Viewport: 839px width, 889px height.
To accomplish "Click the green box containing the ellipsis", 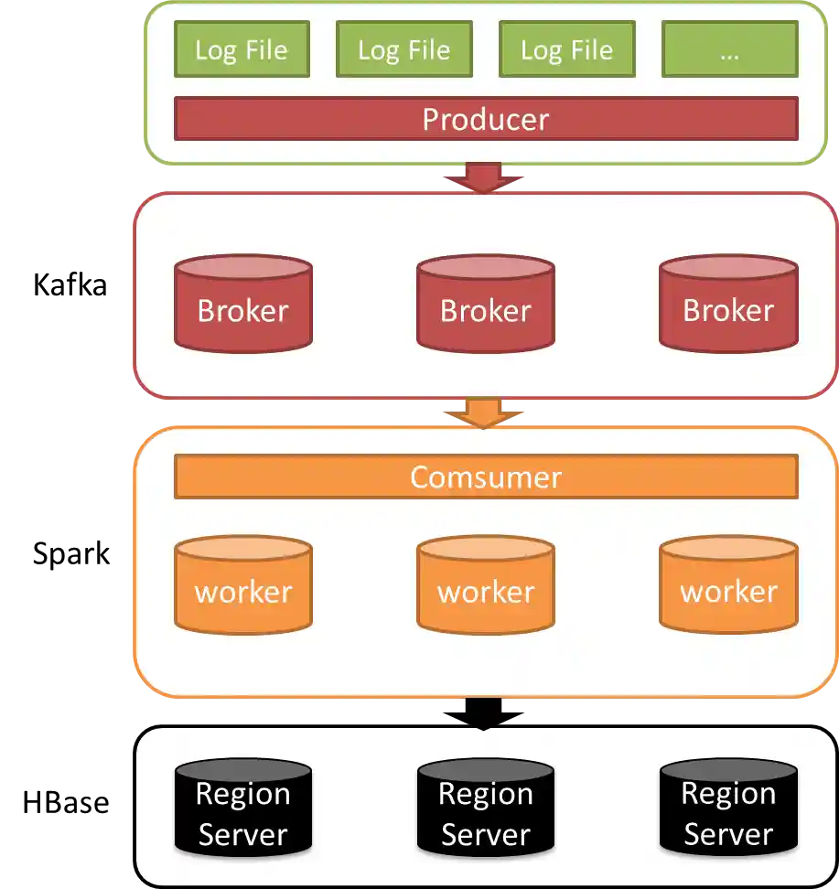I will pos(729,49).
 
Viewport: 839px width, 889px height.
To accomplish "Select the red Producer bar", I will pos(485,119).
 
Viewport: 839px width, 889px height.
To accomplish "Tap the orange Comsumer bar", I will pos(485,477).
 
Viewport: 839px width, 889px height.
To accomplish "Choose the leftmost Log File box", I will pos(242,49).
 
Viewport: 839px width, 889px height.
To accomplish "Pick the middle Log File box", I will pos(403,49).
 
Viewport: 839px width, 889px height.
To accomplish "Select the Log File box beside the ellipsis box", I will pos(566,49).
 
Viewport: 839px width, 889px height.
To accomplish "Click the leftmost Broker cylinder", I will pos(242,304).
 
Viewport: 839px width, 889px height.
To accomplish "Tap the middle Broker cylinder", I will pos(485,304).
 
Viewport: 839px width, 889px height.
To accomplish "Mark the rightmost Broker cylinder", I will pos(728,304).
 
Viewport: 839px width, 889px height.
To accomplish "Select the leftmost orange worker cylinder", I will pos(242,585).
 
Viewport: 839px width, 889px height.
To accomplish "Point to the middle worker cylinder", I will pos(485,585).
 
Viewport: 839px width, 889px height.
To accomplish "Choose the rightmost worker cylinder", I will pos(728,585).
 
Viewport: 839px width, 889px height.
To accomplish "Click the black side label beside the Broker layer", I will pos(70,286).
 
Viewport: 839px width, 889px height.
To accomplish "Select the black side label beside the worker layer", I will pos(70,555).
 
